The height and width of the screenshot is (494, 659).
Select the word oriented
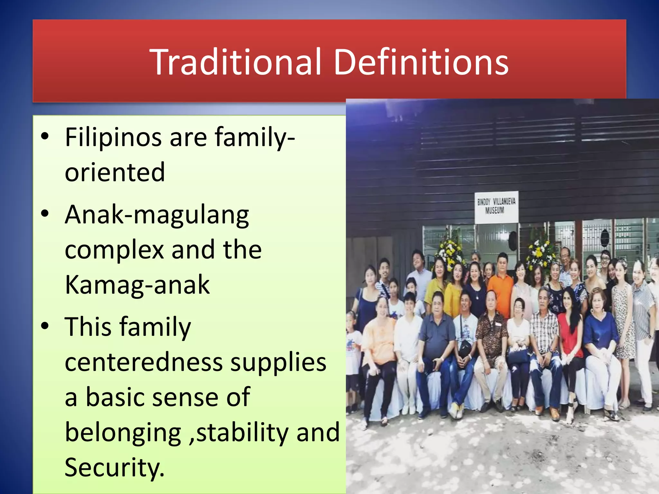pos(115,172)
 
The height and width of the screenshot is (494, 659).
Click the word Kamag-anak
pos(137,284)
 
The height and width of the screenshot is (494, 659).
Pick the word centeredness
pos(144,362)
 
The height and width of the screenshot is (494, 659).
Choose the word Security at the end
pos(114,467)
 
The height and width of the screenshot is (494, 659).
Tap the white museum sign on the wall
pos(496,207)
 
